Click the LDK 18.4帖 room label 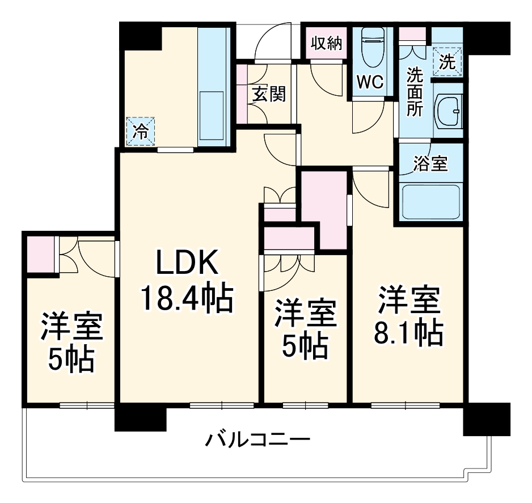(x=187, y=281)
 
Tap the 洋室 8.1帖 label (x=408, y=318)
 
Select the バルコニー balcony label (x=258, y=439)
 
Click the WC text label (x=369, y=82)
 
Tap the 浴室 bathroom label (x=430, y=164)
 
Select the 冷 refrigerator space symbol (x=140, y=132)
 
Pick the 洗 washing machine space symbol (x=448, y=62)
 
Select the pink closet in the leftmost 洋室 (x=40, y=255)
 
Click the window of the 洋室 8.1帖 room (x=407, y=405)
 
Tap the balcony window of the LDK (x=221, y=405)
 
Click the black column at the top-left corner (x=140, y=35)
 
